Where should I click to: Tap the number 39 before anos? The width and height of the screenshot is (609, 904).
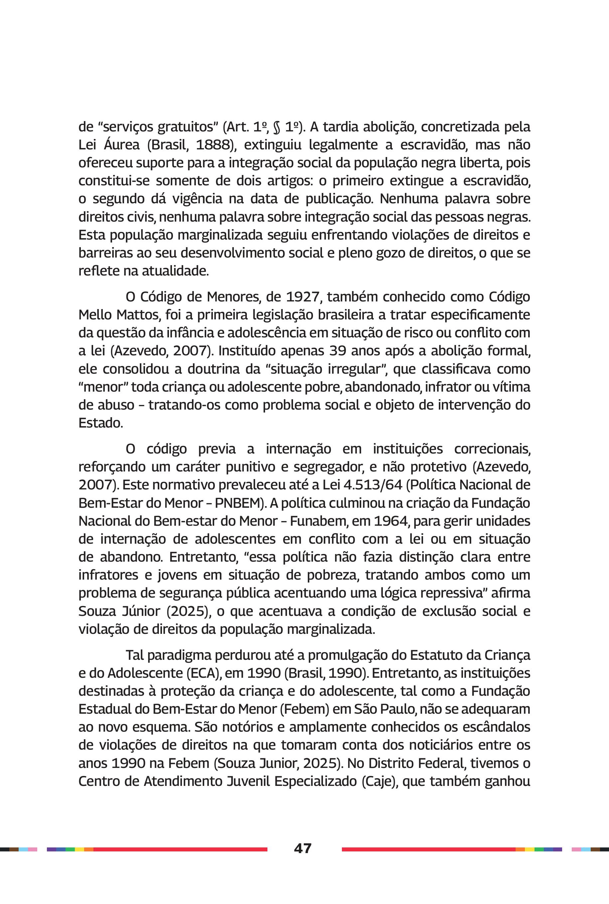338,351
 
